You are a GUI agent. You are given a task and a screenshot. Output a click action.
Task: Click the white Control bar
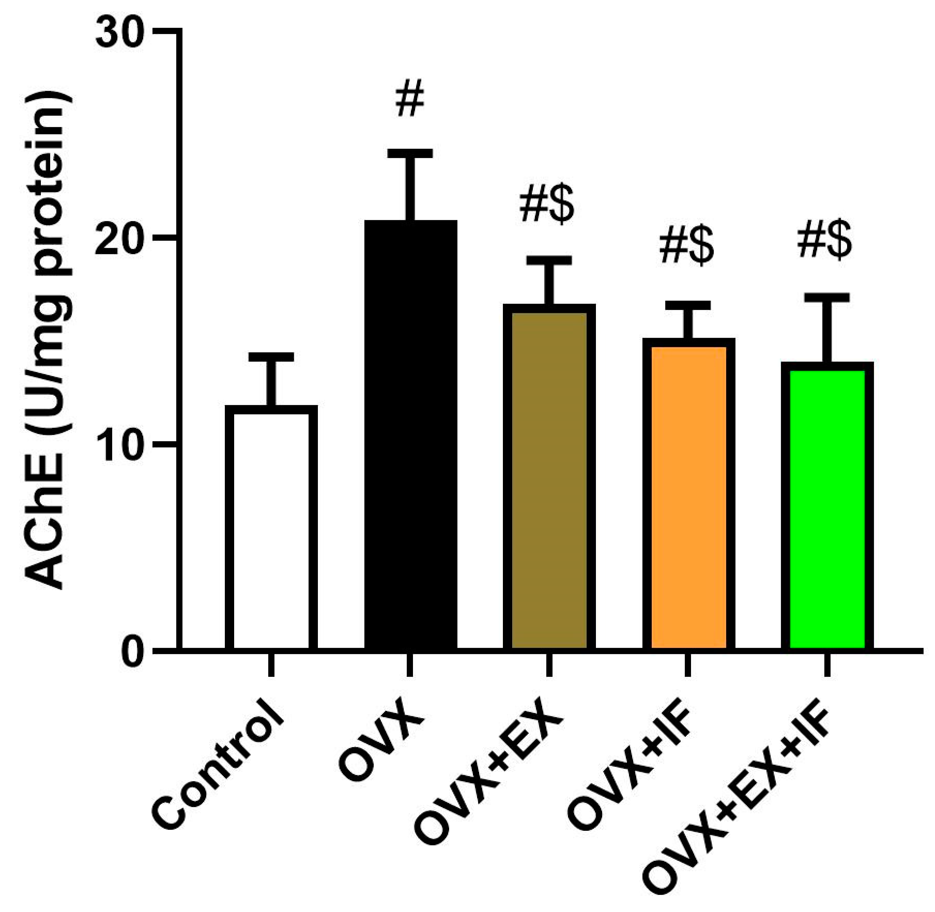(271, 527)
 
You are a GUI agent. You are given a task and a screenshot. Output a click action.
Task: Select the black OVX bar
(410, 434)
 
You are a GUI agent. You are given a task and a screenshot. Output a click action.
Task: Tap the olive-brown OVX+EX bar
(549, 475)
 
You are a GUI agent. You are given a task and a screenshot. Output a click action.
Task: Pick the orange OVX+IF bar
(688, 493)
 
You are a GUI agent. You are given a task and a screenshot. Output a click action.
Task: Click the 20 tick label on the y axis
(120, 239)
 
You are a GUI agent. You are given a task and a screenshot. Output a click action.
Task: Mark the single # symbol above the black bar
(410, 98)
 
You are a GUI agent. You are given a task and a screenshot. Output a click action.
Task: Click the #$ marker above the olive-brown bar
(547, 205)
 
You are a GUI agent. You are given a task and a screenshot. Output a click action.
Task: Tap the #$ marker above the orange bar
(686, 246)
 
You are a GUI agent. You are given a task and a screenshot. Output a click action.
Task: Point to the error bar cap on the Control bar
(271, 357)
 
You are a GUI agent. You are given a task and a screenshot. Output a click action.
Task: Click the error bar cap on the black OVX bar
(410, 153)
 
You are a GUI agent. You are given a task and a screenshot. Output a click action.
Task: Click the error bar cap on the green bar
(827, 298)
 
